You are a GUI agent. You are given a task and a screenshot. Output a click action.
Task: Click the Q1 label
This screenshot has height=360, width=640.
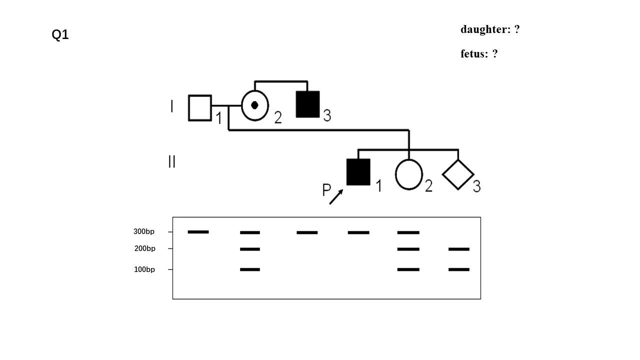[x=60, y=35]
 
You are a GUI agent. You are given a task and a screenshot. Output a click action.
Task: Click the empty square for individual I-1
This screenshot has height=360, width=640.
[x=199, y=108]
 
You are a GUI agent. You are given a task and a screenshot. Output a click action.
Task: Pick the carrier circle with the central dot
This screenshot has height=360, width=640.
[x=255, y=105]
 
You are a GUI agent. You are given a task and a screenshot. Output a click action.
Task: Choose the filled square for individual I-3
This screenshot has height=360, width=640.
[x=307, y=104]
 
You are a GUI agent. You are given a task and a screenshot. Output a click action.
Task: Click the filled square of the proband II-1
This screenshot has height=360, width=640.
[x=358, y=172]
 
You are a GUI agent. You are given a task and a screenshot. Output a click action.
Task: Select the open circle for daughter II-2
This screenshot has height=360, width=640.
[x=409, y=174]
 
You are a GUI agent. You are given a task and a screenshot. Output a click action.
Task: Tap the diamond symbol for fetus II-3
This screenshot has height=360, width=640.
[x=458, y=174]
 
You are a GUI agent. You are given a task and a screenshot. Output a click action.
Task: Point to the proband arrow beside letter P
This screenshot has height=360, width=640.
[x=336, y=196]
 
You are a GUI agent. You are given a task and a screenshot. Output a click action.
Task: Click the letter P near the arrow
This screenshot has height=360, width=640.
[x=326, y=190]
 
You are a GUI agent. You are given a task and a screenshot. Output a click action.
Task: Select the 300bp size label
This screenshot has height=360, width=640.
[x=144, y=232]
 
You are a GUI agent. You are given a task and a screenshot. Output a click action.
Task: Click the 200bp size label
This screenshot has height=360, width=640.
[x=144, y=248]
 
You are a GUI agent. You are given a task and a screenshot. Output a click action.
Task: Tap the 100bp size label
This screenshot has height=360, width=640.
[x=144, y=269]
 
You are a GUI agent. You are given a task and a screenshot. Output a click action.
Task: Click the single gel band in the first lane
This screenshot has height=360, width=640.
[x=198, y=232]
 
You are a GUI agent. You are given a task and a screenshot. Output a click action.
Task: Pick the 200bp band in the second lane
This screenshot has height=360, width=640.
[x=250, y=249]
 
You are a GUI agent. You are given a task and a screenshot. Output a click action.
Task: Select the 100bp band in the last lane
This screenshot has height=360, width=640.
[x=459, y=269]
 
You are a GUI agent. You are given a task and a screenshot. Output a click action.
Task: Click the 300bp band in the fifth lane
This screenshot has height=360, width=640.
[x=408, y=232]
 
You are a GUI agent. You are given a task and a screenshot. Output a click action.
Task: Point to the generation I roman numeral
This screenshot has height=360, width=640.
[x=172, y=106]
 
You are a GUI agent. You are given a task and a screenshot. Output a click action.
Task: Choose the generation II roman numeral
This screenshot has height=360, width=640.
[x=172, y=161]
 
